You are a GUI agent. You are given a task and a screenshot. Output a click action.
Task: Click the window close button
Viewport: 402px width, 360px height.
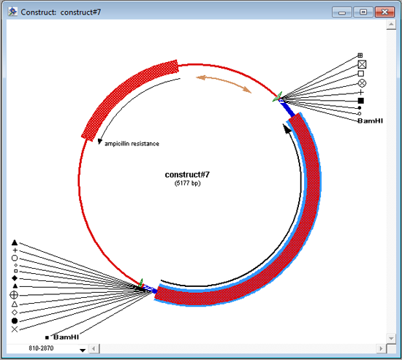pos(384,12)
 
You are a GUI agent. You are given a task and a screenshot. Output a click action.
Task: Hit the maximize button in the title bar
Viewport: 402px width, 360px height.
pos(363,12)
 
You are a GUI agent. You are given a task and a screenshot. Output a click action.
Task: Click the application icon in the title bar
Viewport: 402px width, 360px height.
pos(12,12)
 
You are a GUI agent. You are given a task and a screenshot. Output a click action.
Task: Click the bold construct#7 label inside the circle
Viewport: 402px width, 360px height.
pos(187,175)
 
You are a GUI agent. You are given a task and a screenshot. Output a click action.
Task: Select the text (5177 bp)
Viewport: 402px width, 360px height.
pos(187,183)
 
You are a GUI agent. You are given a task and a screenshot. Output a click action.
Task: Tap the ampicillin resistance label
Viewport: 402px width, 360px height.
pos(132,144)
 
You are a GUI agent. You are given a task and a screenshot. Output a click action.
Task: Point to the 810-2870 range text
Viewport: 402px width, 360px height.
pos(41,348)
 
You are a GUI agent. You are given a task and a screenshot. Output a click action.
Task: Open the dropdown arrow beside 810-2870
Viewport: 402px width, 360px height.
pos(83,350)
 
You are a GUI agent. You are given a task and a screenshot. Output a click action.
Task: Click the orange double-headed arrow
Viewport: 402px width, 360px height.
pos(223,83)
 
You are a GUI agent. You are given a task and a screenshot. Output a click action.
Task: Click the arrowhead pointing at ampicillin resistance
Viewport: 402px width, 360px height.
pos(99,142)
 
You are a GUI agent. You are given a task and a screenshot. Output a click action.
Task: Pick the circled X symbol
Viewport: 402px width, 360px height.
pos(362,83)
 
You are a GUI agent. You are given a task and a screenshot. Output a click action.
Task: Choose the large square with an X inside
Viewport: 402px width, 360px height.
pos(362,64)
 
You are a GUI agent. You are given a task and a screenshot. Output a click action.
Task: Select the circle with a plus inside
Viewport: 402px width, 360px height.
pos(14,295)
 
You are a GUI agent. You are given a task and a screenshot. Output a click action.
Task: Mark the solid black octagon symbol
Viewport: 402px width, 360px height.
pos(15,321)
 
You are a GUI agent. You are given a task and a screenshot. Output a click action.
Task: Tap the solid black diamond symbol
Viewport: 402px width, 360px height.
pos(15,278)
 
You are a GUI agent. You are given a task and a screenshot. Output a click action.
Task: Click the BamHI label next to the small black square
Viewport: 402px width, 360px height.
pos(66,337)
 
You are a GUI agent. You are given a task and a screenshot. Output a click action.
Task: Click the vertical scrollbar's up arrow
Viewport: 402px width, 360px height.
pos(391,25)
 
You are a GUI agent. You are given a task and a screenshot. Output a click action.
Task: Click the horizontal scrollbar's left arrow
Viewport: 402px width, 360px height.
pos(94,348)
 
